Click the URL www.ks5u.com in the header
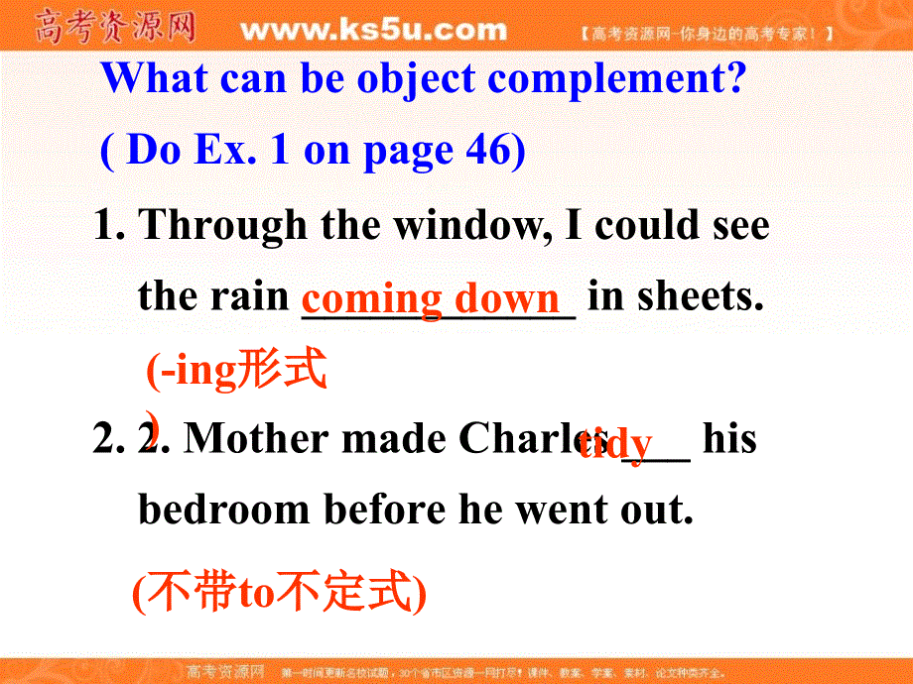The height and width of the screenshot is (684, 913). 373,30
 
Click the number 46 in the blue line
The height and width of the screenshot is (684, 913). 486,150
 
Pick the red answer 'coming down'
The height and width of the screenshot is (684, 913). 432,297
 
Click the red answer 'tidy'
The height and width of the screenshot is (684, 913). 615,442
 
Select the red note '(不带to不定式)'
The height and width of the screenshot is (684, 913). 279,593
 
